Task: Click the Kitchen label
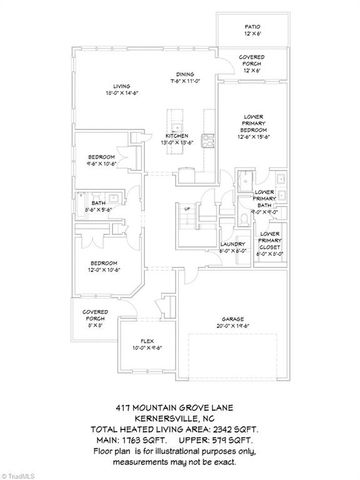point(178,137)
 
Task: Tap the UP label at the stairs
point(186,207)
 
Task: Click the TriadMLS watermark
point(22,473)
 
